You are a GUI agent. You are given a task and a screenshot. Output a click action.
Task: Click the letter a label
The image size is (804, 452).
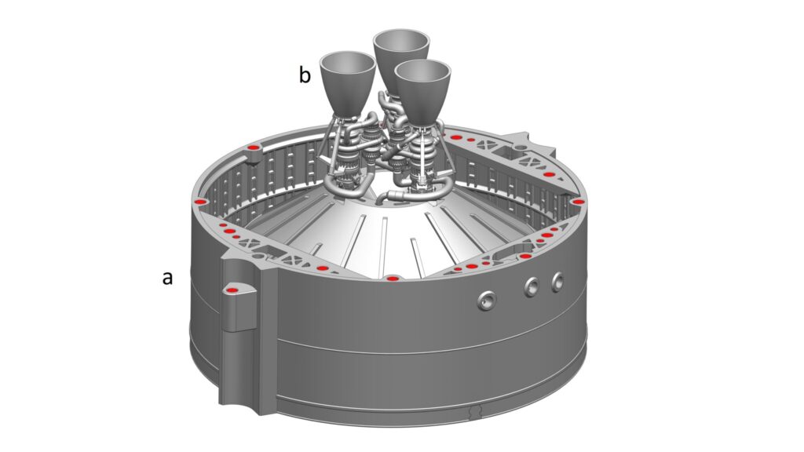(168, 279)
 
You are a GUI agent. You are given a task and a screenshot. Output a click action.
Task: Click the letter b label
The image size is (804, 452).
(305, 75)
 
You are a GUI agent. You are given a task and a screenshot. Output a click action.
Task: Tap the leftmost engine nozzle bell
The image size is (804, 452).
(347, 82)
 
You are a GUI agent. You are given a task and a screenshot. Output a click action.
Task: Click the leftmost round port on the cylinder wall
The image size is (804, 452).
(486, 301)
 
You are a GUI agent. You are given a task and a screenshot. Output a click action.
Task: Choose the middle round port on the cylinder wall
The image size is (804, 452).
(532, 287)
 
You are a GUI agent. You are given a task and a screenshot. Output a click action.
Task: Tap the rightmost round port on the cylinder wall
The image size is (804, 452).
(557, 282)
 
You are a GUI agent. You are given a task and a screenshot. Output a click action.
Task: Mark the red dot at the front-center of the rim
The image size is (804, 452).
(393, 279)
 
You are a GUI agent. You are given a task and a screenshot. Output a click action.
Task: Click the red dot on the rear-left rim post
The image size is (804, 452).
(252, 148)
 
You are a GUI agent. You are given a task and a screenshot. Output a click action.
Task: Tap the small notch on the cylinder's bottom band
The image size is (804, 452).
(476, 411)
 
